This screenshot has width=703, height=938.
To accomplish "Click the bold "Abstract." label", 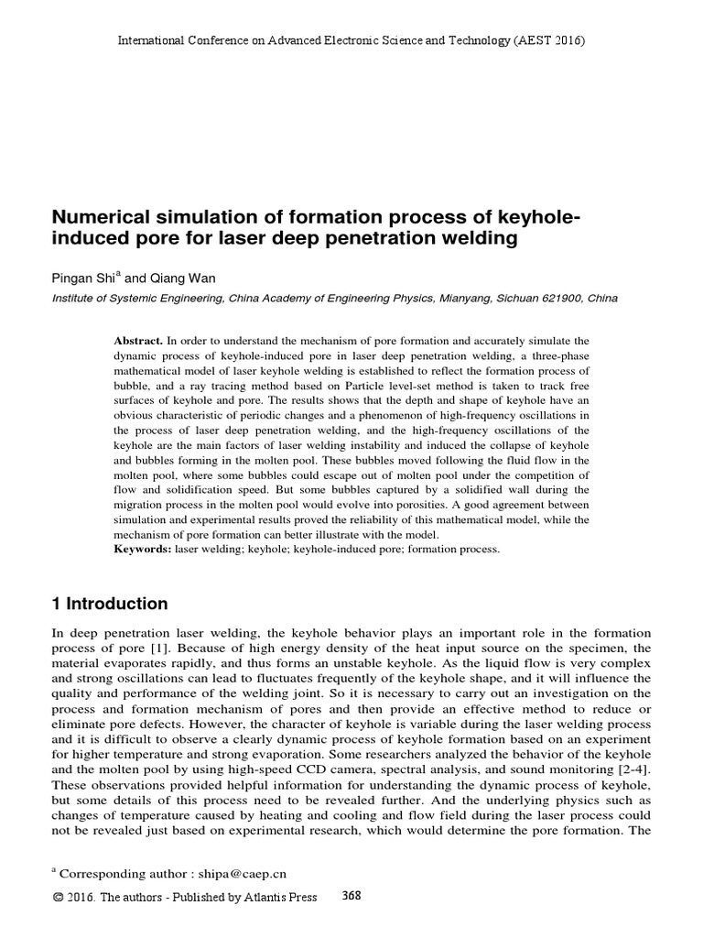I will [137, 340].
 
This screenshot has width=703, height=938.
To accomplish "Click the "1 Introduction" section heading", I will [110, 604].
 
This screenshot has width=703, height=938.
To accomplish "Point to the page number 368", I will [351, 896].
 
